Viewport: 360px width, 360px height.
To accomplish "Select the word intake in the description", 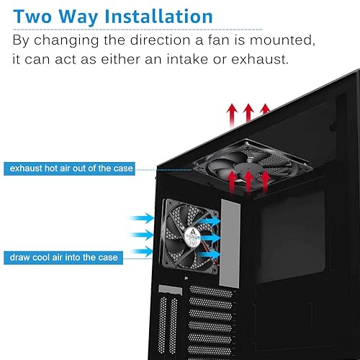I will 221,58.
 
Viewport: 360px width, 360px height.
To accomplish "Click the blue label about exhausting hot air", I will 70,168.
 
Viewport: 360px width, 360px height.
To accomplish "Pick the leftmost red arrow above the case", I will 232,114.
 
